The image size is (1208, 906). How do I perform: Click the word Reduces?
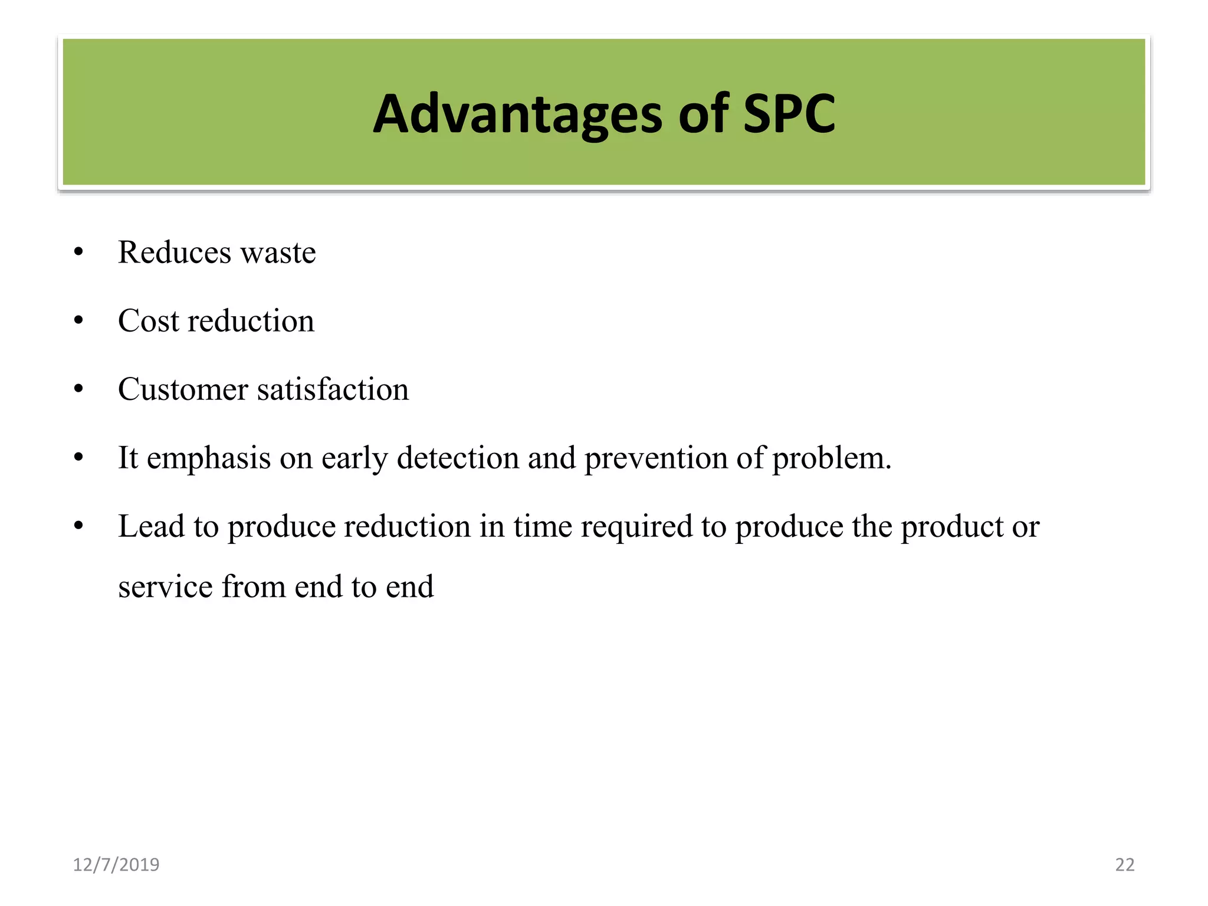pyautogui.click(x=175, y=252)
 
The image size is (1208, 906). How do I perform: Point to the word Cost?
pyautogui.click(x=148, y=321)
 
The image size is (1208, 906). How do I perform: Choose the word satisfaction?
pyautogui.click(x=333, y=389)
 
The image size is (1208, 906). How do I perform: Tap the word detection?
pyautogui.click(x=458, y=458)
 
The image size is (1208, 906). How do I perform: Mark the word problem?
pyautogui.click(x=832, y=458)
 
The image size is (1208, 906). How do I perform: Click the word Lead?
pyautogui.click(x=151, y=526)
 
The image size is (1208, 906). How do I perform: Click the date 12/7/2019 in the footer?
pyautogui.click(x=116, y=865)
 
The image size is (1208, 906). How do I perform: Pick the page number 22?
pyautogui.click(x=1125, y=865)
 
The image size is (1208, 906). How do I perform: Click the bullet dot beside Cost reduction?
pyautogui.click(x=79, y=321)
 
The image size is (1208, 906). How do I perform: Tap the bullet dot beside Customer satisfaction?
pyautogui.click(x=79, y=389)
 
